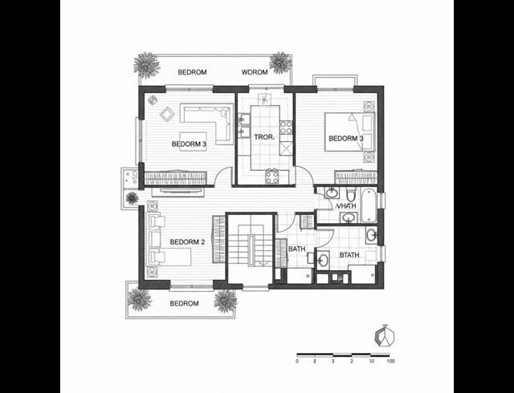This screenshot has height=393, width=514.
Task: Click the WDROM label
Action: [x=255, y=73]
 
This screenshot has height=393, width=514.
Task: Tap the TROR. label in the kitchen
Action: [x=264, y=138]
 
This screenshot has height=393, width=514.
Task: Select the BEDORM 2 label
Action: [x=189, y=241]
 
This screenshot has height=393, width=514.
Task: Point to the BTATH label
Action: [x=349, y=256]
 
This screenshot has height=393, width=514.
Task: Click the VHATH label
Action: [x=346, y=206]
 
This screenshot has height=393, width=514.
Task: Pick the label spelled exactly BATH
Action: [x=296, y=249]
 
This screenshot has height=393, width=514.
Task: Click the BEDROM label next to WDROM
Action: [x=192, y=73]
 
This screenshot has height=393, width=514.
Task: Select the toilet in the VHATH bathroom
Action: [x=352, y=196]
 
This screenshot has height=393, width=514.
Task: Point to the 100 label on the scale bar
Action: [x=390, y=362]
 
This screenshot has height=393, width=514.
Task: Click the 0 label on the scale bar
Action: [x=297, y=362]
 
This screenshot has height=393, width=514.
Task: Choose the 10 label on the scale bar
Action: [x=370, y=362]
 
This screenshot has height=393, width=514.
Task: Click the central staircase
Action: [x=251, y=249]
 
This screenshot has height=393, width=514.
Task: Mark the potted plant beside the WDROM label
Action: [x=280, y=61]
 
